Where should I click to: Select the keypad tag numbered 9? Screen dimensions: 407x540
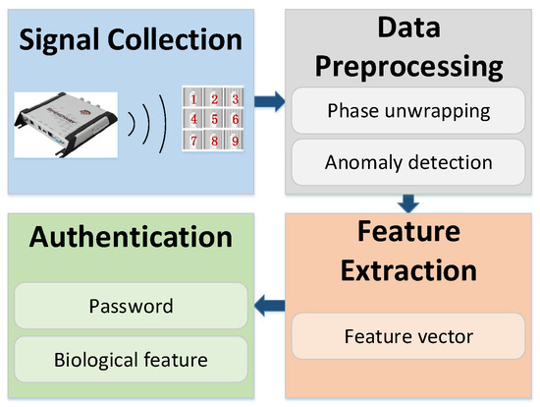[233, 140]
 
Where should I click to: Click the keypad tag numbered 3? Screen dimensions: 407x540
[233, 99]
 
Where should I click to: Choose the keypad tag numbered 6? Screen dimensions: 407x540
[233, 119]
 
